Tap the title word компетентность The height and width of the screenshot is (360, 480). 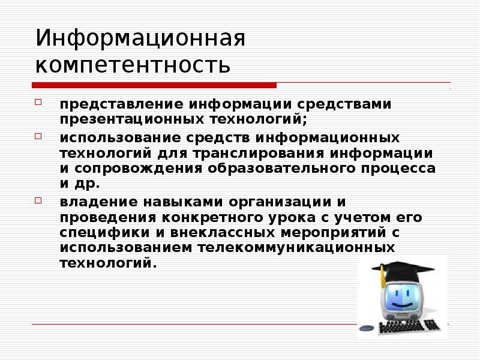(133, 64)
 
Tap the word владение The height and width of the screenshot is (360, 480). (92, 201)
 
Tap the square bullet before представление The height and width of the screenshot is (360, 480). (38, 102)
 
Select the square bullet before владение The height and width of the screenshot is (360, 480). (38, 200)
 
